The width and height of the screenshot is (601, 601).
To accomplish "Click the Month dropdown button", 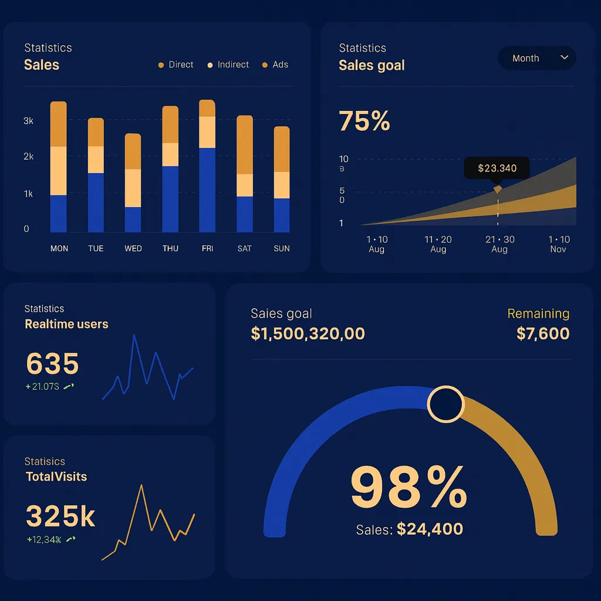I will (x=536, y=58).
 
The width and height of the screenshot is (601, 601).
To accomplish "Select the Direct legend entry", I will (x=176, y=65).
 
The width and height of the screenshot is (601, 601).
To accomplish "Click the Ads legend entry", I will (x=275, y=65).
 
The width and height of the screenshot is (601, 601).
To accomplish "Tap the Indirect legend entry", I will (x=228, y=65).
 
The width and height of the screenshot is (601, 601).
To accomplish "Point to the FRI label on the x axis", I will (x=207, y=248).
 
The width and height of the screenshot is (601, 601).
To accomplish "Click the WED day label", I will (x=133, y=248).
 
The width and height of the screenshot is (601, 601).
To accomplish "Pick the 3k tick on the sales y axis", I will (x=28, y=121).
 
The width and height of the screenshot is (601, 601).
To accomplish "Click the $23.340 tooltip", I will (x=497, y=168).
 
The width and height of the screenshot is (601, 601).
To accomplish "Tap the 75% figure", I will (x=364, y=121).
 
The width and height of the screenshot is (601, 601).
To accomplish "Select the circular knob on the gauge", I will (x=445, y=404).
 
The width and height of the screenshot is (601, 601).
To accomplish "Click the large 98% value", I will (x=408, y=487).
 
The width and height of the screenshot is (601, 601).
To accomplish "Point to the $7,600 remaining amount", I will (x=543, y=333).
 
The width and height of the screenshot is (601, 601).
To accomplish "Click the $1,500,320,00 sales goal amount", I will (x=308, y=333).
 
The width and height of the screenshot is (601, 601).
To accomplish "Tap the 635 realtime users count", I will (x=52, y=364).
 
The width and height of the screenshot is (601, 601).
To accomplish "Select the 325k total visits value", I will (x=60, y=516).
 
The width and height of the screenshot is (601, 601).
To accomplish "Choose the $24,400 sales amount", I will (x=430, y=529).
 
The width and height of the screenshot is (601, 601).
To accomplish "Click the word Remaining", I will (x=538, y=313).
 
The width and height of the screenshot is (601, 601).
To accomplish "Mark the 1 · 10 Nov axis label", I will (x=558, y=244).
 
